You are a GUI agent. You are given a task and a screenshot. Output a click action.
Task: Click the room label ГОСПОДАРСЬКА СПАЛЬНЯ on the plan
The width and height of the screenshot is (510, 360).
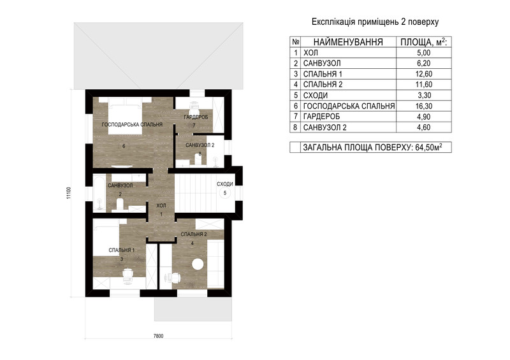pyautogui.click(x=132, y=124)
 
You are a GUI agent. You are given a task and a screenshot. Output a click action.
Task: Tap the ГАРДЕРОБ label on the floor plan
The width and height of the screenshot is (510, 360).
pyautogui.click(x=196, y=117)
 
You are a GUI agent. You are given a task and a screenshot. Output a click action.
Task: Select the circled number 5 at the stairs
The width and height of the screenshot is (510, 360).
pyautogui.click(x=225, y=193)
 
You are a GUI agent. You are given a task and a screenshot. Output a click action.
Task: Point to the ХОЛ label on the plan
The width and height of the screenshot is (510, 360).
pyautogui.click(x=161, y=206)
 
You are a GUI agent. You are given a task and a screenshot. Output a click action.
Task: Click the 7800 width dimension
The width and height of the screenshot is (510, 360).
pyautogui.click(x=158, y=336)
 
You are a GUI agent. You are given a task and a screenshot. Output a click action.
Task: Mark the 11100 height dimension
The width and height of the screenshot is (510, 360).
pyautogui.click(x=68, y=192)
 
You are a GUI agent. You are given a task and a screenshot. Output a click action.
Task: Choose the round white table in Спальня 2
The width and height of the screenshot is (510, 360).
pyautogui.click(x=198, y=264)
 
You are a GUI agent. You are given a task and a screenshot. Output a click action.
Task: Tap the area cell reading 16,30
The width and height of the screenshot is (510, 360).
pyautogui.click(x=424, y=106)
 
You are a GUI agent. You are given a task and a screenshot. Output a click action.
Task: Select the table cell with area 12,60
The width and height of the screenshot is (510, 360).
pyautogui.click(x=424, y=74)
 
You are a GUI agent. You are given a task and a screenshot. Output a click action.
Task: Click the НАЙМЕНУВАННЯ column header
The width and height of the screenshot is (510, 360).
pyautogui.click(x=348, y=42)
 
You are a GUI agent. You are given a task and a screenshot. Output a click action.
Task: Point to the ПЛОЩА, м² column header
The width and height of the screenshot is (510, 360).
pyautogui.click(x=423, y=42)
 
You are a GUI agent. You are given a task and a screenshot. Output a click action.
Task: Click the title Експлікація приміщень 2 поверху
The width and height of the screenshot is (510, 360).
pyautogui.click(x=375, y=22)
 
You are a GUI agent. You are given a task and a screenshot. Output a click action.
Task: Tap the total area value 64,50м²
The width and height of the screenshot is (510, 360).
pyautogui.click(x=428, y=147)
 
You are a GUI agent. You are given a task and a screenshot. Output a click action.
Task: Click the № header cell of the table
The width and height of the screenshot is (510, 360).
pyautogui.click(x=296, y=42)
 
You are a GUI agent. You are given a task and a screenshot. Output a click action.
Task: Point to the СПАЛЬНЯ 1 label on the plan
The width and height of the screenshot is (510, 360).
pyautogui.click(x=122, y=250)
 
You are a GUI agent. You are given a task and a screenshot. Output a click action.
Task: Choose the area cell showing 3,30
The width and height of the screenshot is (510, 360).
pyautogui.click(x=424, y=96)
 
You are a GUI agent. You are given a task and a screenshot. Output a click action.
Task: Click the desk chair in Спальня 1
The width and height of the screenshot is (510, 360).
pyautogui.click(x=127, y=275)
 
